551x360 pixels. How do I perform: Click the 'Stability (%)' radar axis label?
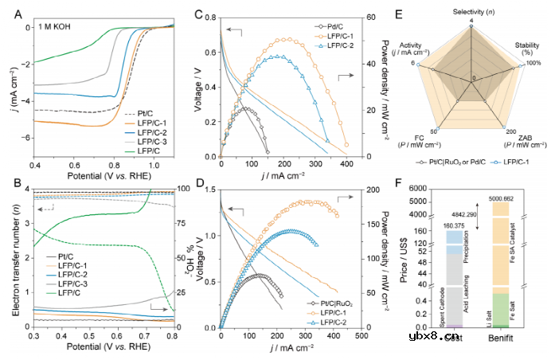coord(526,49)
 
